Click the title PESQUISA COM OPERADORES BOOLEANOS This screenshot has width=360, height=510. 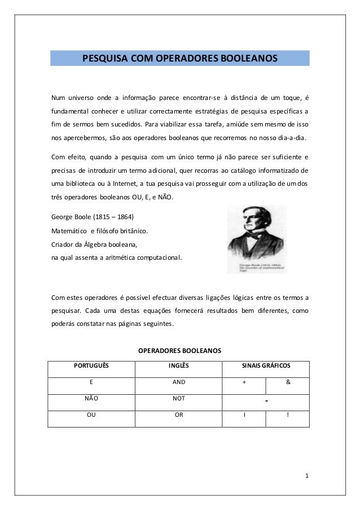click(180, 58)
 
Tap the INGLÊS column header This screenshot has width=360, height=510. click(178, 366)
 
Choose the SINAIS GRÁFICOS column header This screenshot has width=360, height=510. click(265, 366)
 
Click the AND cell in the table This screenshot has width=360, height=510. click(178, 382)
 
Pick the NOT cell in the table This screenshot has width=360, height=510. click(178, 398)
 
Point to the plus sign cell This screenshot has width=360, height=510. click(244, 382)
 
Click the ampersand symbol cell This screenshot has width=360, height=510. click(288, 382)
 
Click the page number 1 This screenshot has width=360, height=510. click(306, 475)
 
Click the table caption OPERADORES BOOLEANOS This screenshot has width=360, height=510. click(180, 351)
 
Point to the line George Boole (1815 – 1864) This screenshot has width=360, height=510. click(93, 217)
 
